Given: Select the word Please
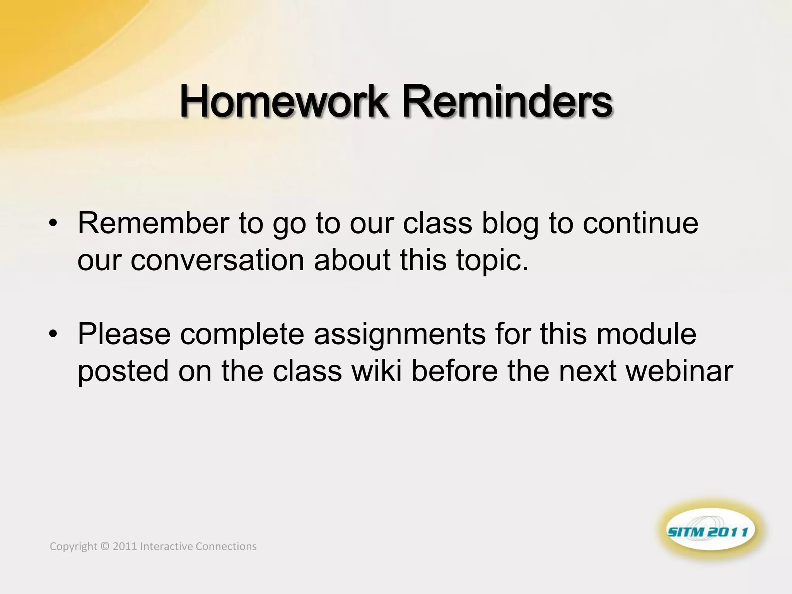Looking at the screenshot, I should click(124, 334).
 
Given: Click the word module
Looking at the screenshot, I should click(646, 334).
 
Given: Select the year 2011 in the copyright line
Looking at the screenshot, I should click(125, 546).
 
